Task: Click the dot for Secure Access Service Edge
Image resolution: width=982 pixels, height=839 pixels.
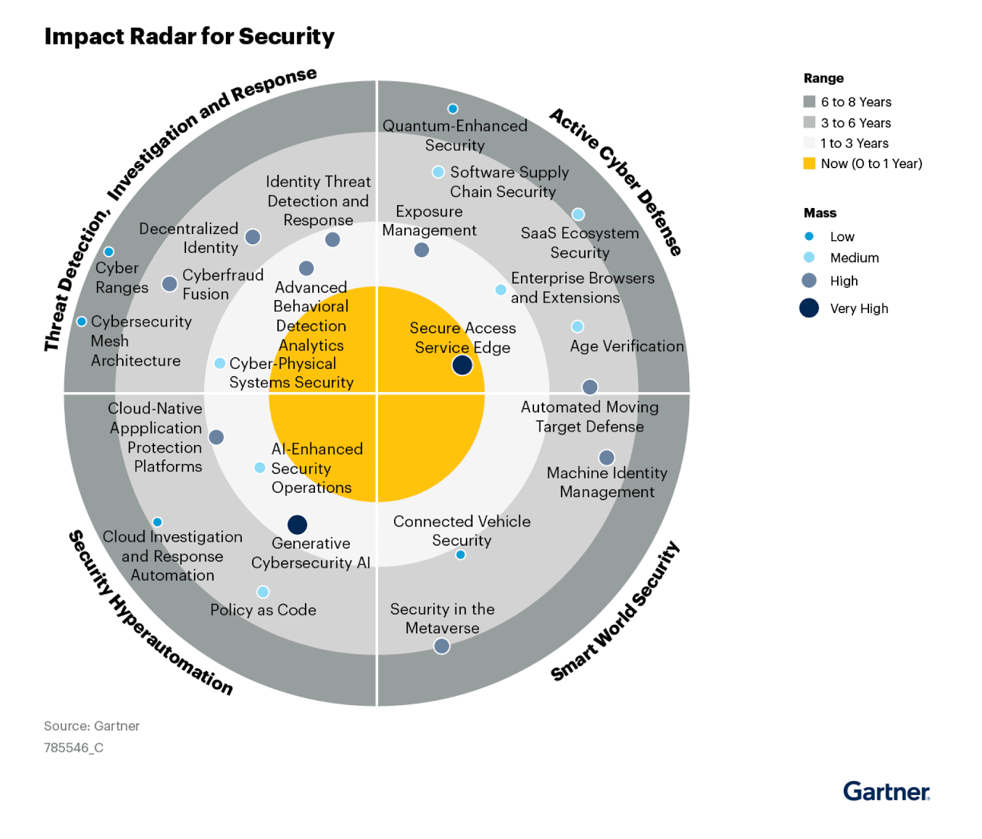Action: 462,365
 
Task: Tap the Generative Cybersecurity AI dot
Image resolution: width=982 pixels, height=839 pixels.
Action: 297,525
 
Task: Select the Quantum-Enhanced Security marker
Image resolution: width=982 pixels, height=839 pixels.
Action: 453,109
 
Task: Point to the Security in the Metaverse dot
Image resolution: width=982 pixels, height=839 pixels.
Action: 441,646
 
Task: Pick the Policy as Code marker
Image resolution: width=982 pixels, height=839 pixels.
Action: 263,592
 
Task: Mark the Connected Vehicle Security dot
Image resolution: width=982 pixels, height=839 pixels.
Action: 460,555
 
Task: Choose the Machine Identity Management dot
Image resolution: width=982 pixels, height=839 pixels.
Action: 606,457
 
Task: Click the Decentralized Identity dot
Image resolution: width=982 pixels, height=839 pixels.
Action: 252,237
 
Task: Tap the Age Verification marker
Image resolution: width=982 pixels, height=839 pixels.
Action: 578,326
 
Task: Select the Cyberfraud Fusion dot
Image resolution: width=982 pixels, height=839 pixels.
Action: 169,284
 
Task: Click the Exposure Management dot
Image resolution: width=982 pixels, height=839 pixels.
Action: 422,250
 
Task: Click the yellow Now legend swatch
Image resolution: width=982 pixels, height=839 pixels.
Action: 810,163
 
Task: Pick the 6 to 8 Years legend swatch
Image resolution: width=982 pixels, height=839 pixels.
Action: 810,101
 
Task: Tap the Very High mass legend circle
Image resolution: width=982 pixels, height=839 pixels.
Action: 809,307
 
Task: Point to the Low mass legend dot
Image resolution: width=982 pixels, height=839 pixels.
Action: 809,236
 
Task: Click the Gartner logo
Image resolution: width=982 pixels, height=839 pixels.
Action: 886,791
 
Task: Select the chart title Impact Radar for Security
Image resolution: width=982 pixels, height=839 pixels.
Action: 189,36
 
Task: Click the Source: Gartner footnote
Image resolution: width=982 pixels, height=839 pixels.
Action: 92,726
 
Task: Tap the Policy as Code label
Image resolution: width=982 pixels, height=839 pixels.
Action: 263,610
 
